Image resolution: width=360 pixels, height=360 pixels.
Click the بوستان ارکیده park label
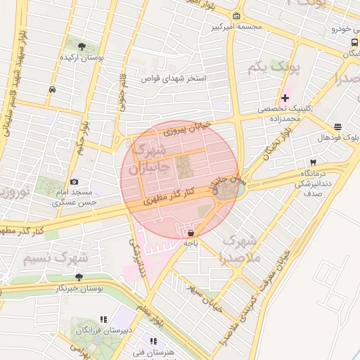point(82,57)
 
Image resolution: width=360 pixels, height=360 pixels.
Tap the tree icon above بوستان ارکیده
point(82,46)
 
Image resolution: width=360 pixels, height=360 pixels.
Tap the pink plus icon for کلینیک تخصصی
point(285,97)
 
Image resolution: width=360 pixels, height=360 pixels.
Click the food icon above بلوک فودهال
point(338,127)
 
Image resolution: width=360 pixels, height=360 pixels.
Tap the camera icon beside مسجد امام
point(75,182)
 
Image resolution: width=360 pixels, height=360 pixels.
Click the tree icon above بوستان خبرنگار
point(79,277)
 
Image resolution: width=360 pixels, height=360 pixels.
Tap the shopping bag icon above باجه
point(191,231)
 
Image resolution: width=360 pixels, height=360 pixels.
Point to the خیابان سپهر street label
point(205,298)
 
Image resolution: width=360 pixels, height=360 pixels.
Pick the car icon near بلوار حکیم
point(53,89)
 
